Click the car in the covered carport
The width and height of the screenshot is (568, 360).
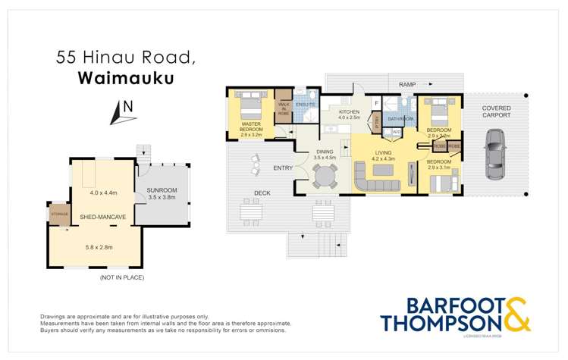point(494,155)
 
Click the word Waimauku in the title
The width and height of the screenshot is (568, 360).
point(115,78)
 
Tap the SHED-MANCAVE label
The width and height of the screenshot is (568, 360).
point(104,217)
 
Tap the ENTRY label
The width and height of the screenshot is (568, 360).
point(262,167)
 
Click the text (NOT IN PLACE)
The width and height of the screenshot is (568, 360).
point(121,277)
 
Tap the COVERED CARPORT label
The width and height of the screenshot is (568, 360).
point(496,113)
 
